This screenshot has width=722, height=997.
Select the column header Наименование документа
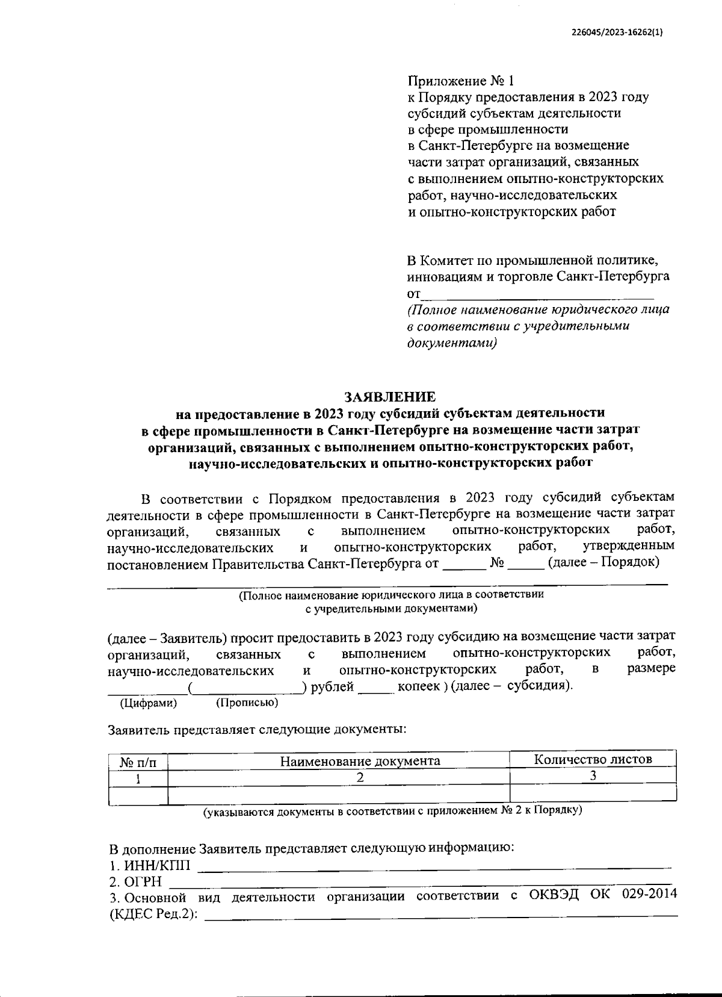(360, 760)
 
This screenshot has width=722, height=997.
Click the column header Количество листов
(593, 759)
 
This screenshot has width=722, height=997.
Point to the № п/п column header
(138, 762)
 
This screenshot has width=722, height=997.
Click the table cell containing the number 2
(360, 777)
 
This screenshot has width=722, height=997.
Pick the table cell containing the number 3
(593, 775)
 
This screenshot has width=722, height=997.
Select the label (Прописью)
(247, 703)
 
